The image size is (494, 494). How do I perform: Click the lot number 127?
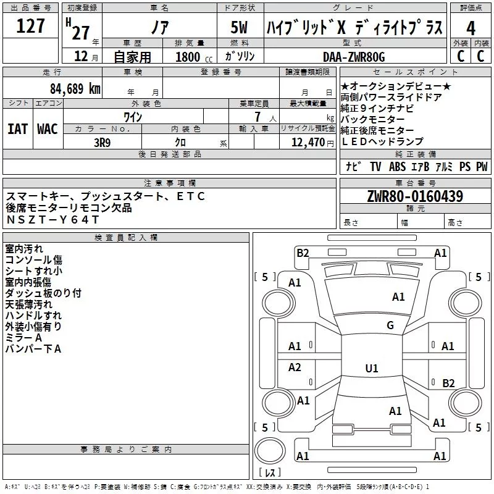(x=30, y=25)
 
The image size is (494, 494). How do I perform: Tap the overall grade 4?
(x=471, y=28)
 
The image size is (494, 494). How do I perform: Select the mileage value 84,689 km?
(x=75, y=88)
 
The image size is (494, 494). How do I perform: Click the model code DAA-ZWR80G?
(x=354, y=57)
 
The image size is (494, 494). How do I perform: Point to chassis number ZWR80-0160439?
(x=415, y=196)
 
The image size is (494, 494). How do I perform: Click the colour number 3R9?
(x=103, y=143)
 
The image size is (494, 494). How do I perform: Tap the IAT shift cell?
(x=18, y=129)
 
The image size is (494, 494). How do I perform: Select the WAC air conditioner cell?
(x=48, y=129)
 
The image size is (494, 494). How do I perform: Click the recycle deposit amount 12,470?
(x=308, y=143)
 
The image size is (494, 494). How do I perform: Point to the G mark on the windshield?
(x=390, y=325)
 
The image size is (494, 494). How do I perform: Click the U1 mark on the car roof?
(x=372, y=368)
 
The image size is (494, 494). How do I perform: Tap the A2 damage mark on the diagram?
(x=295, y=367)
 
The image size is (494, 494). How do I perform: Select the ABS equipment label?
(x=397, y=167)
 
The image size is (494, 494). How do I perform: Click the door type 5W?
(x=239, y=27)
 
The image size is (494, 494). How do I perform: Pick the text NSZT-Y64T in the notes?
(x=53, y=219)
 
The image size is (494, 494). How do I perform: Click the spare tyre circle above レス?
(x=270, y=451)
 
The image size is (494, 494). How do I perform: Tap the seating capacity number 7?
(x=257, y=117)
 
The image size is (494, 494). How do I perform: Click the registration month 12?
(x=81, y=56)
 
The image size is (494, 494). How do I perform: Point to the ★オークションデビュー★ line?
(x=396, y=86)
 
